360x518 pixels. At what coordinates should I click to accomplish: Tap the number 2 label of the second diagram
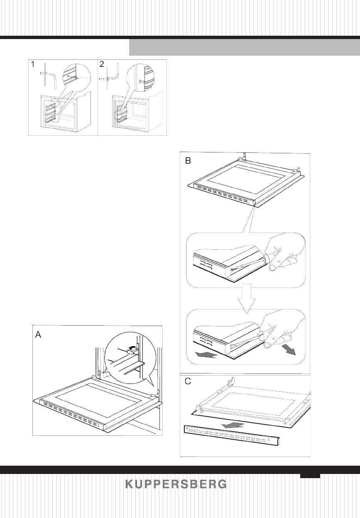point(102,65)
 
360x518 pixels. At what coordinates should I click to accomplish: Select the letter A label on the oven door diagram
point(38,335)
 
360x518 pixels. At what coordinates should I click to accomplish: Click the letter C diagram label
point(188,382)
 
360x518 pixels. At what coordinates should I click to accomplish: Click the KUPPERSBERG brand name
point(176,484)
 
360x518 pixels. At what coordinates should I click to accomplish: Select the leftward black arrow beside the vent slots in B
point(206,354)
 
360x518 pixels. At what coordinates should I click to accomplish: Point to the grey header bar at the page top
point(244,47)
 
